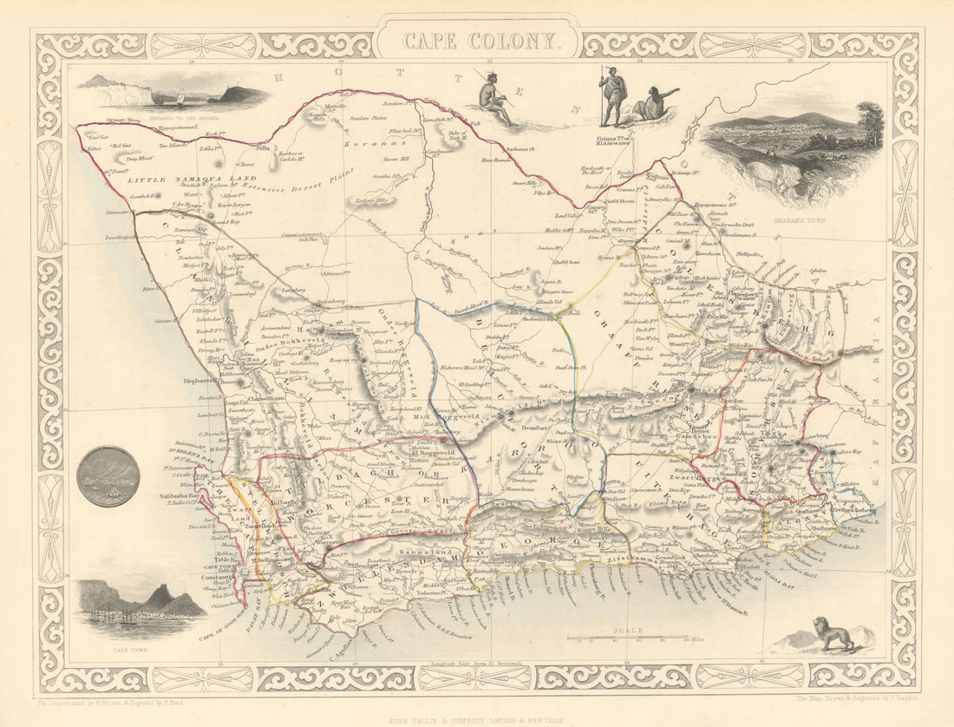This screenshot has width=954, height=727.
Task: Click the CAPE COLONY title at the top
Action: pyautogui.click(x=477, y=40)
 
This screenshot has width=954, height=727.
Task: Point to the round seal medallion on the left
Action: pyautogui.click(x=108, y=476)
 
